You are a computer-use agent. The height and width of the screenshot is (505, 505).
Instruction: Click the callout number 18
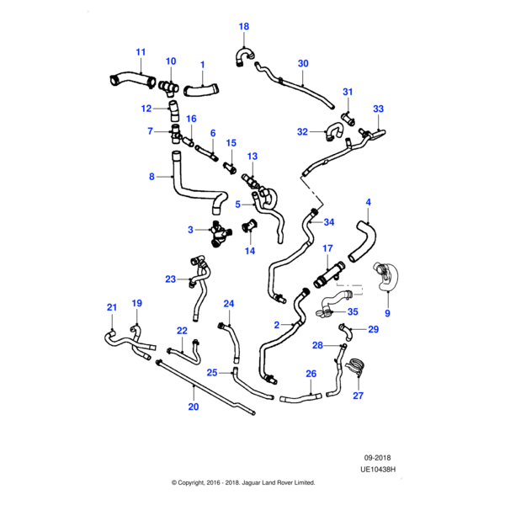(244, 27)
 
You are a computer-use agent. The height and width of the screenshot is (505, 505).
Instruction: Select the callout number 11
(141, 52)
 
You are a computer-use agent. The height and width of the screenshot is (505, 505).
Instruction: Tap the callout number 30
(303, 63)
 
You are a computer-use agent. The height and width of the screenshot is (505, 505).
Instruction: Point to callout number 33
(378, 109)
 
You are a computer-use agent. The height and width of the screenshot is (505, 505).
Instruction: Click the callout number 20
(193, 407)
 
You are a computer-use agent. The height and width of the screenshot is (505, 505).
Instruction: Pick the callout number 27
(358, 395)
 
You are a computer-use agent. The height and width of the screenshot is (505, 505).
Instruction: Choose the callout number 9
(387, 313)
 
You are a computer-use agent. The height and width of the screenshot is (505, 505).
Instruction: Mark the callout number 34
(329, 222)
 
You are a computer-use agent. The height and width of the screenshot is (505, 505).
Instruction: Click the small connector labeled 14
(250, 226)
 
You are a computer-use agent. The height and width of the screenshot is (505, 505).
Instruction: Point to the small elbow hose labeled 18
(241, 55)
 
